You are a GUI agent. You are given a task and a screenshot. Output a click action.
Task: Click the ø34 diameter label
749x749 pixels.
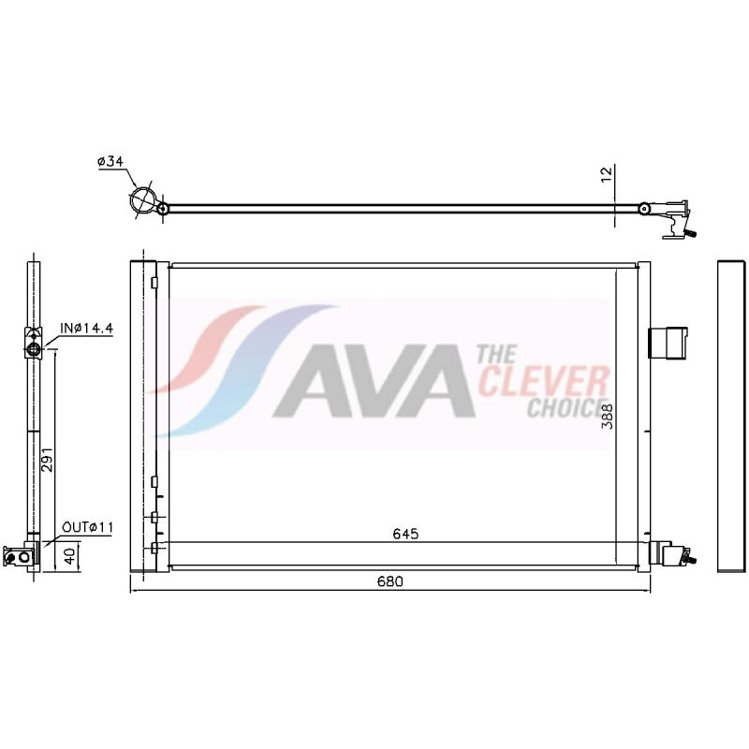[110, 161]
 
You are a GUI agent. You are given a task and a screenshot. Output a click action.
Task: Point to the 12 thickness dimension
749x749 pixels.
[607, 173]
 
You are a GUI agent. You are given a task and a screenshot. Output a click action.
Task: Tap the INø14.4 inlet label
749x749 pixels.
[86, 329]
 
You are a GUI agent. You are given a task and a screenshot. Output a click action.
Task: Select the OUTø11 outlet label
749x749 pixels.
[88, 528]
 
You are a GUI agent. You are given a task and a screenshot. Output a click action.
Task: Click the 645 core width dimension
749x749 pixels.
[404, 534]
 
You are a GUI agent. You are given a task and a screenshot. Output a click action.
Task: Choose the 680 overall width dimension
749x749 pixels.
[390, 581]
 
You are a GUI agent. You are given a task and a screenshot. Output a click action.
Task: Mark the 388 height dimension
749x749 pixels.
[607, 415]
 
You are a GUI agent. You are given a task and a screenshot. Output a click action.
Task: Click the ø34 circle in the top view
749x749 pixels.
[144, 201]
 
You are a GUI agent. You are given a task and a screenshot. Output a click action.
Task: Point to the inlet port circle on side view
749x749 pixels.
[34, 350]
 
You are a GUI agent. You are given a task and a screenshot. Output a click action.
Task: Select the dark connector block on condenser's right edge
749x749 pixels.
[668, 342]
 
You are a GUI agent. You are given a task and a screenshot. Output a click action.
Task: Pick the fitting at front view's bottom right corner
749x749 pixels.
[675, 554]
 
